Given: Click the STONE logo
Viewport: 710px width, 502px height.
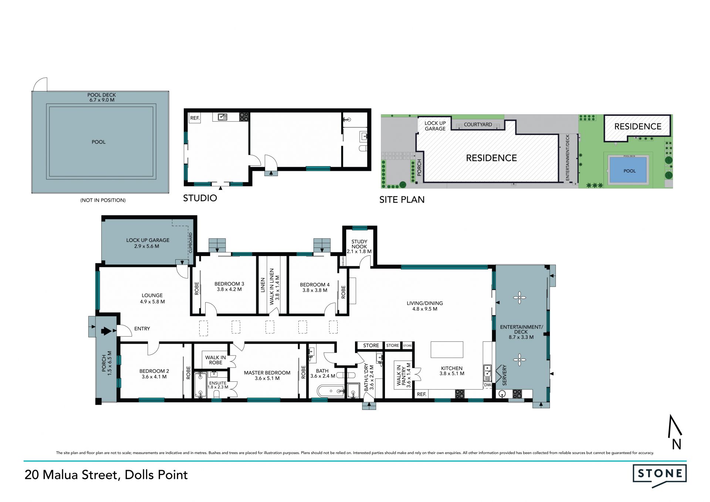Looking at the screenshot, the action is (659, 475).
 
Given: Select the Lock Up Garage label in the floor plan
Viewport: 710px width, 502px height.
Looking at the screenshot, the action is (148, 243).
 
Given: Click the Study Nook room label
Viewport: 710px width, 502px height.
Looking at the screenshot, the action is (359, 246).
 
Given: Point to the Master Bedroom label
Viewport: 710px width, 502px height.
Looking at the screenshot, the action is (267, 375).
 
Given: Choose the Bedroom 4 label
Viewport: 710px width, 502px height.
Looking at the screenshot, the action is (315, 287).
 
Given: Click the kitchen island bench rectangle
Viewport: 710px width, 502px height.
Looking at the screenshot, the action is (447, 350).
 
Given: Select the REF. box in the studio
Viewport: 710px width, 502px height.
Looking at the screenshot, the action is (195, 118).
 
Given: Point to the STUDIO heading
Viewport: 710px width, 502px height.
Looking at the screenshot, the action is (200, 198).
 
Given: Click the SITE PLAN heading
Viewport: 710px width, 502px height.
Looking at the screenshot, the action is (402, 200).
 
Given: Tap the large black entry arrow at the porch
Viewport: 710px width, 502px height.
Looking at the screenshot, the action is (106, 331).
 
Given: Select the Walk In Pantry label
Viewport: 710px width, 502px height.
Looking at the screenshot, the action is (403, 375).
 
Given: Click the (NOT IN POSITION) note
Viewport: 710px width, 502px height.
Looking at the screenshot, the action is (103, 200).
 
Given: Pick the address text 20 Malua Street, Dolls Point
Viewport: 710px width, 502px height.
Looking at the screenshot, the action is (106, 475).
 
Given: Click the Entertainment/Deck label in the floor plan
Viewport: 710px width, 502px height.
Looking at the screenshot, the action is (521, 332).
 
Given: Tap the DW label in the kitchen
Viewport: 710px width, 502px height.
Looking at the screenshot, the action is (487, 385).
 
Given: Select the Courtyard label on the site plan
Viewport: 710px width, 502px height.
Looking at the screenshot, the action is (478, 125).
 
